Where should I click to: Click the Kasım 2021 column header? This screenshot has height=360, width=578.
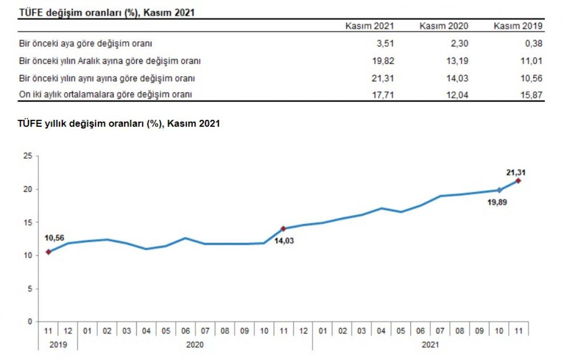coord(369,26)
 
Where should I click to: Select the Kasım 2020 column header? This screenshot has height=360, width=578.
coord(444,26)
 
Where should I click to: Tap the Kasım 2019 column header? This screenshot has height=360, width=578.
coord(518,26)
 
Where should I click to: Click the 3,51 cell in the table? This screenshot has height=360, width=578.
coord(385,44)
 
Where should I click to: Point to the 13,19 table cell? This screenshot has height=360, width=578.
coord(457,61)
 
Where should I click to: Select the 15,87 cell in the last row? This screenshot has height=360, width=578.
coord(532,95)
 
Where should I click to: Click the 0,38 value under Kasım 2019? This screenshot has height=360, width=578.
coord(534,44)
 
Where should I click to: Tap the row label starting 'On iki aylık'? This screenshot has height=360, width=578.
coord(105,95)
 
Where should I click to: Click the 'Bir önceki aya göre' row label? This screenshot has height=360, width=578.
coord(85,44)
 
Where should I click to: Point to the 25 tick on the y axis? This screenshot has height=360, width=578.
coord(27,156)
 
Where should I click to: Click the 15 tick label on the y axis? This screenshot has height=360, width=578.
coord(27,222)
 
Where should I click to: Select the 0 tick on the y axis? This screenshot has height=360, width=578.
coord(29,321)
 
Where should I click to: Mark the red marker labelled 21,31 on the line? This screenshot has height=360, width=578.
coord(518,181)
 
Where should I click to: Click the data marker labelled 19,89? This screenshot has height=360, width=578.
coord(499,190)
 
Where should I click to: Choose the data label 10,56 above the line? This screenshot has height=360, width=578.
coord(54,238)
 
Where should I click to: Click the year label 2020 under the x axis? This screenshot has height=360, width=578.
coord(195,345)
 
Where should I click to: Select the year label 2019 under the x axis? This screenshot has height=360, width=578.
coord(58,345)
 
